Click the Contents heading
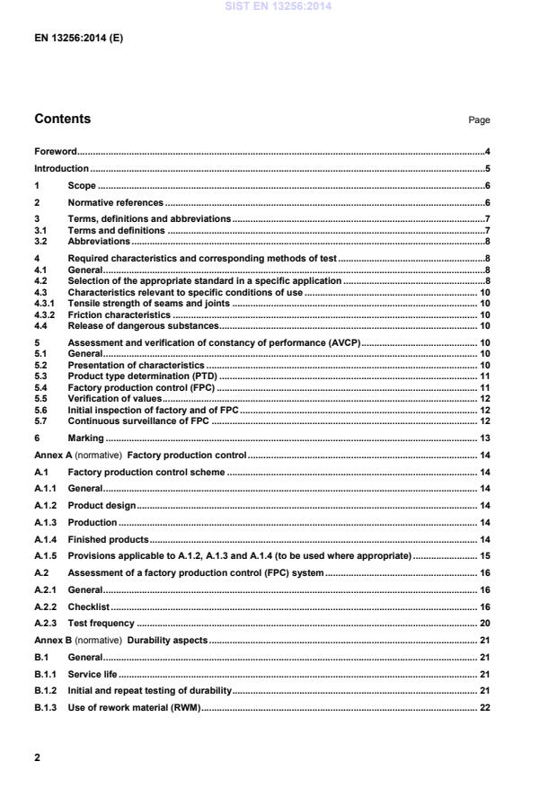click(62, 120)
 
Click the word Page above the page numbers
click(479, 120)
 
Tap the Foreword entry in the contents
click(55, 152)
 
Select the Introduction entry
click(61, 169)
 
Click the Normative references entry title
click(116, 203)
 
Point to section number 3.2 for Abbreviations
click(40, 241)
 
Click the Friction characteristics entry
click(119, 315)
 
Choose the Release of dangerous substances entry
click(143, 325)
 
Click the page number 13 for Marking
click(484, 438)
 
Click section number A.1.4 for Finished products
click(46, 539)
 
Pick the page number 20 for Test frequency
click(484, 624)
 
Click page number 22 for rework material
click(484, 708)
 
